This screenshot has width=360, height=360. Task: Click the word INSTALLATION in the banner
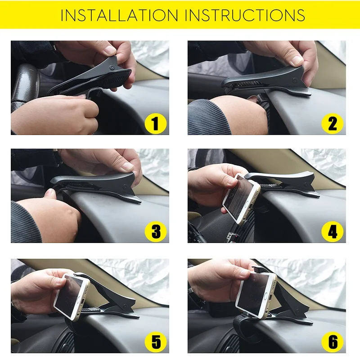(x=119, y=15)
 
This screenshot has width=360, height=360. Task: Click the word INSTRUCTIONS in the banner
(x=245, y=15)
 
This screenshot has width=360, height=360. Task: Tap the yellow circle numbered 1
(x=155, y=123)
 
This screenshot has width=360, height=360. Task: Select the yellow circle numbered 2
(x=332, y=123)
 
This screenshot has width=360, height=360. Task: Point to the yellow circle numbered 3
(x=155, y=231)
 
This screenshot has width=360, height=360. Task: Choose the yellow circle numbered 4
(x=332, y=231)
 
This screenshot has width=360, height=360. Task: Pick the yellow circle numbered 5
(x=155, y=342)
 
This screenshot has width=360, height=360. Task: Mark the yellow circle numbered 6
(x=332, y=342)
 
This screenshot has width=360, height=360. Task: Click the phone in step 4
(x=242, y=198)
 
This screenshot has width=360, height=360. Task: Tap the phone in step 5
(x=72, y=297)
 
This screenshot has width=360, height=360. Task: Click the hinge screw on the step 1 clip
(x=112, y=67)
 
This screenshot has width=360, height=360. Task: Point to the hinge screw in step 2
(x=295, y=80)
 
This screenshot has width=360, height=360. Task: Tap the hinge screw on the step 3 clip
(x=125, y=186)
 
